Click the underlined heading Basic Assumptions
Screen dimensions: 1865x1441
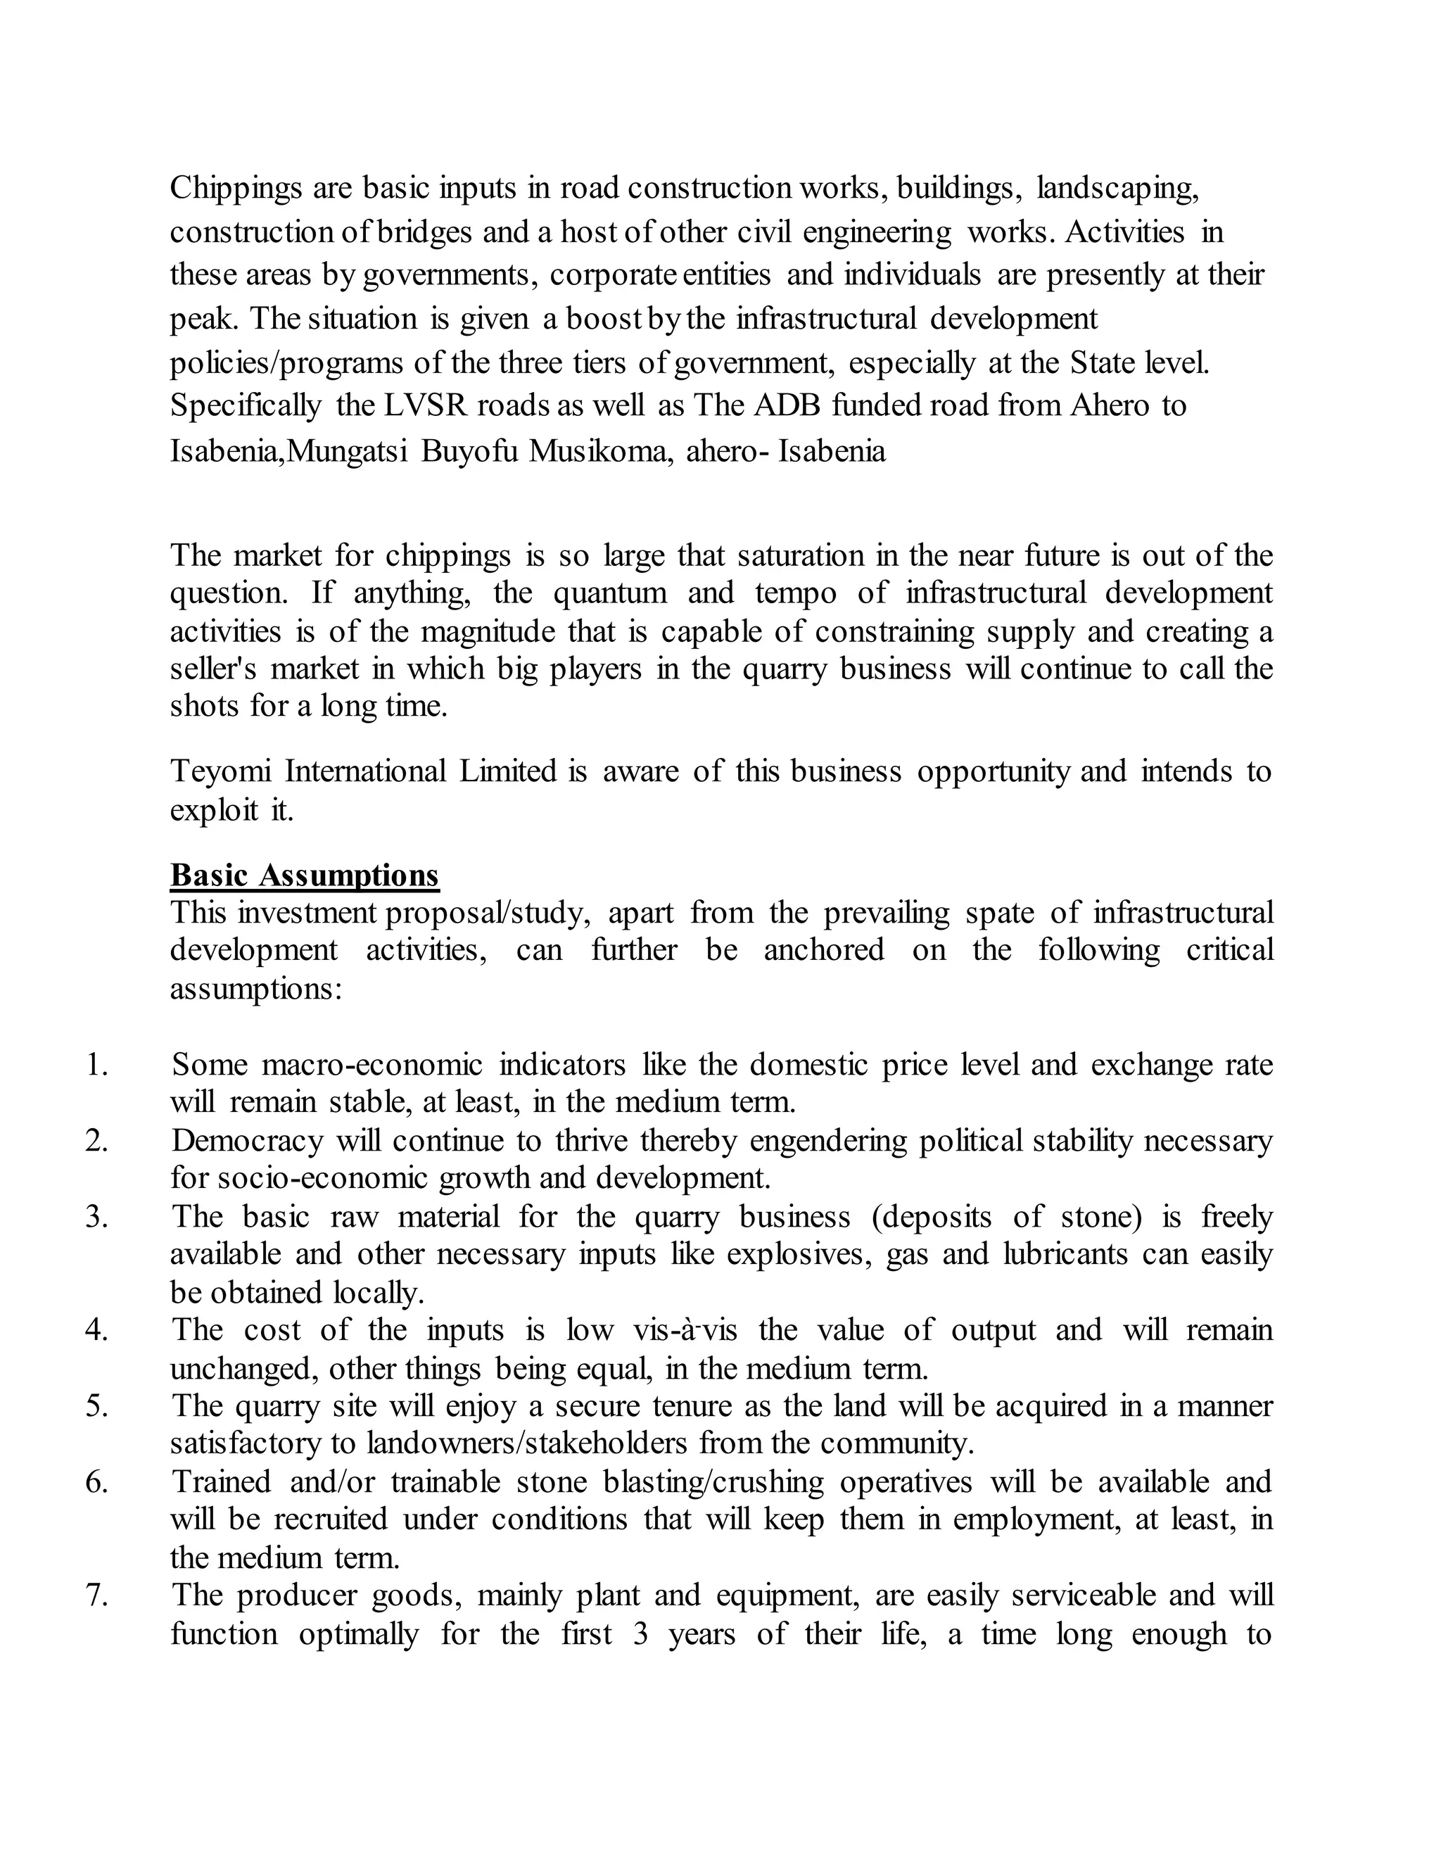304,875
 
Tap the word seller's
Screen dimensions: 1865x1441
212,669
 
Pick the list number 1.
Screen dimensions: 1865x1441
96,1065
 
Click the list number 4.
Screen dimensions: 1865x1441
96,1330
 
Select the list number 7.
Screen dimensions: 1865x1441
96,1595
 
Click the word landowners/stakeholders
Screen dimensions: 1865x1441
527,1444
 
